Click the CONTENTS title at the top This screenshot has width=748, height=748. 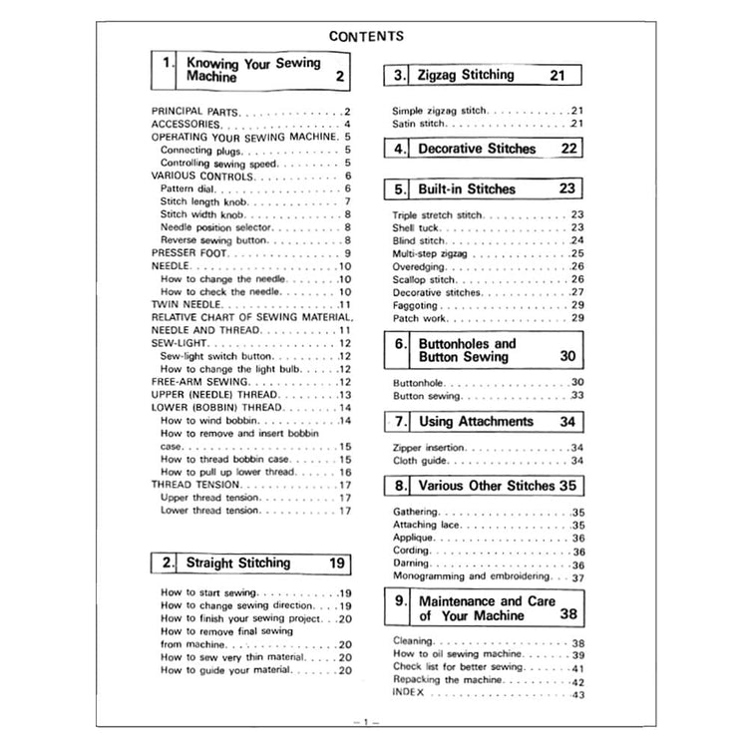point(366,36)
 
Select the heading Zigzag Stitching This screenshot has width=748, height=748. point(466,75)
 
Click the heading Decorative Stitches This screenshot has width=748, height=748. point(477,149)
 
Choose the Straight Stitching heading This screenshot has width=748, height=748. point(238,563)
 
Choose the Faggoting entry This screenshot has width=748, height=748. point(414,305)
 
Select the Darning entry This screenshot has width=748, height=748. point(411,564)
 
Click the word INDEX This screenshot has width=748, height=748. point(409,692)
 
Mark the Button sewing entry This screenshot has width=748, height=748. point(423,396)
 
